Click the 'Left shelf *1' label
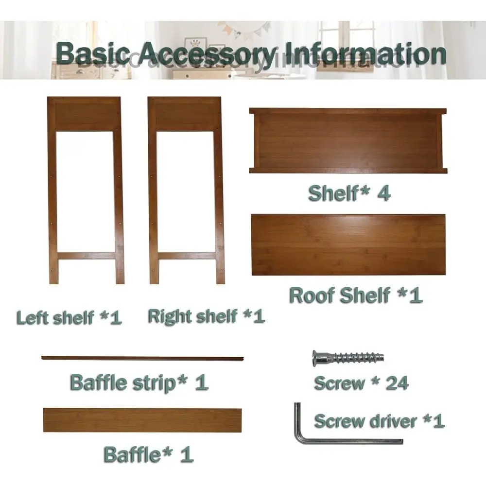[x=69, y=318]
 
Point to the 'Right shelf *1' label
[x=207, y=316]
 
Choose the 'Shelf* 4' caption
[x=349, y=193]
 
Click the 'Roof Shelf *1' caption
[x=356, y=295]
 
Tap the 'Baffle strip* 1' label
[x=139, y=383]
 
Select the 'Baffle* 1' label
[x=149, y=455]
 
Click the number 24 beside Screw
[x=397, y=383]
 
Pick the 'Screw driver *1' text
[x=380, y=421]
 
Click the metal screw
[x=348, y=358]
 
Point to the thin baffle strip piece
[x=142, y=358]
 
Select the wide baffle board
[x=142, y=420]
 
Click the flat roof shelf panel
[x=348, y=244]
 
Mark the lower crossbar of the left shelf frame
[x=87, y=256]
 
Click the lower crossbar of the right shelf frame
[x=187, y=256]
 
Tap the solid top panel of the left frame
[x=84, y=115]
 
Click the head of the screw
[x=317, y=358]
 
